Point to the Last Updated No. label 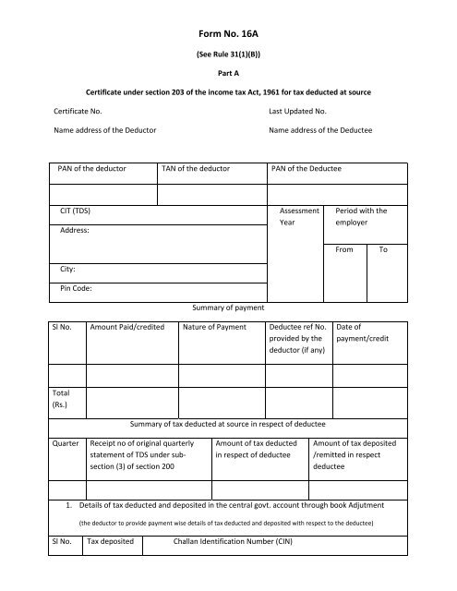click(x=300, y=111)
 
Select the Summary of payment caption click(x=228, y=307)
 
